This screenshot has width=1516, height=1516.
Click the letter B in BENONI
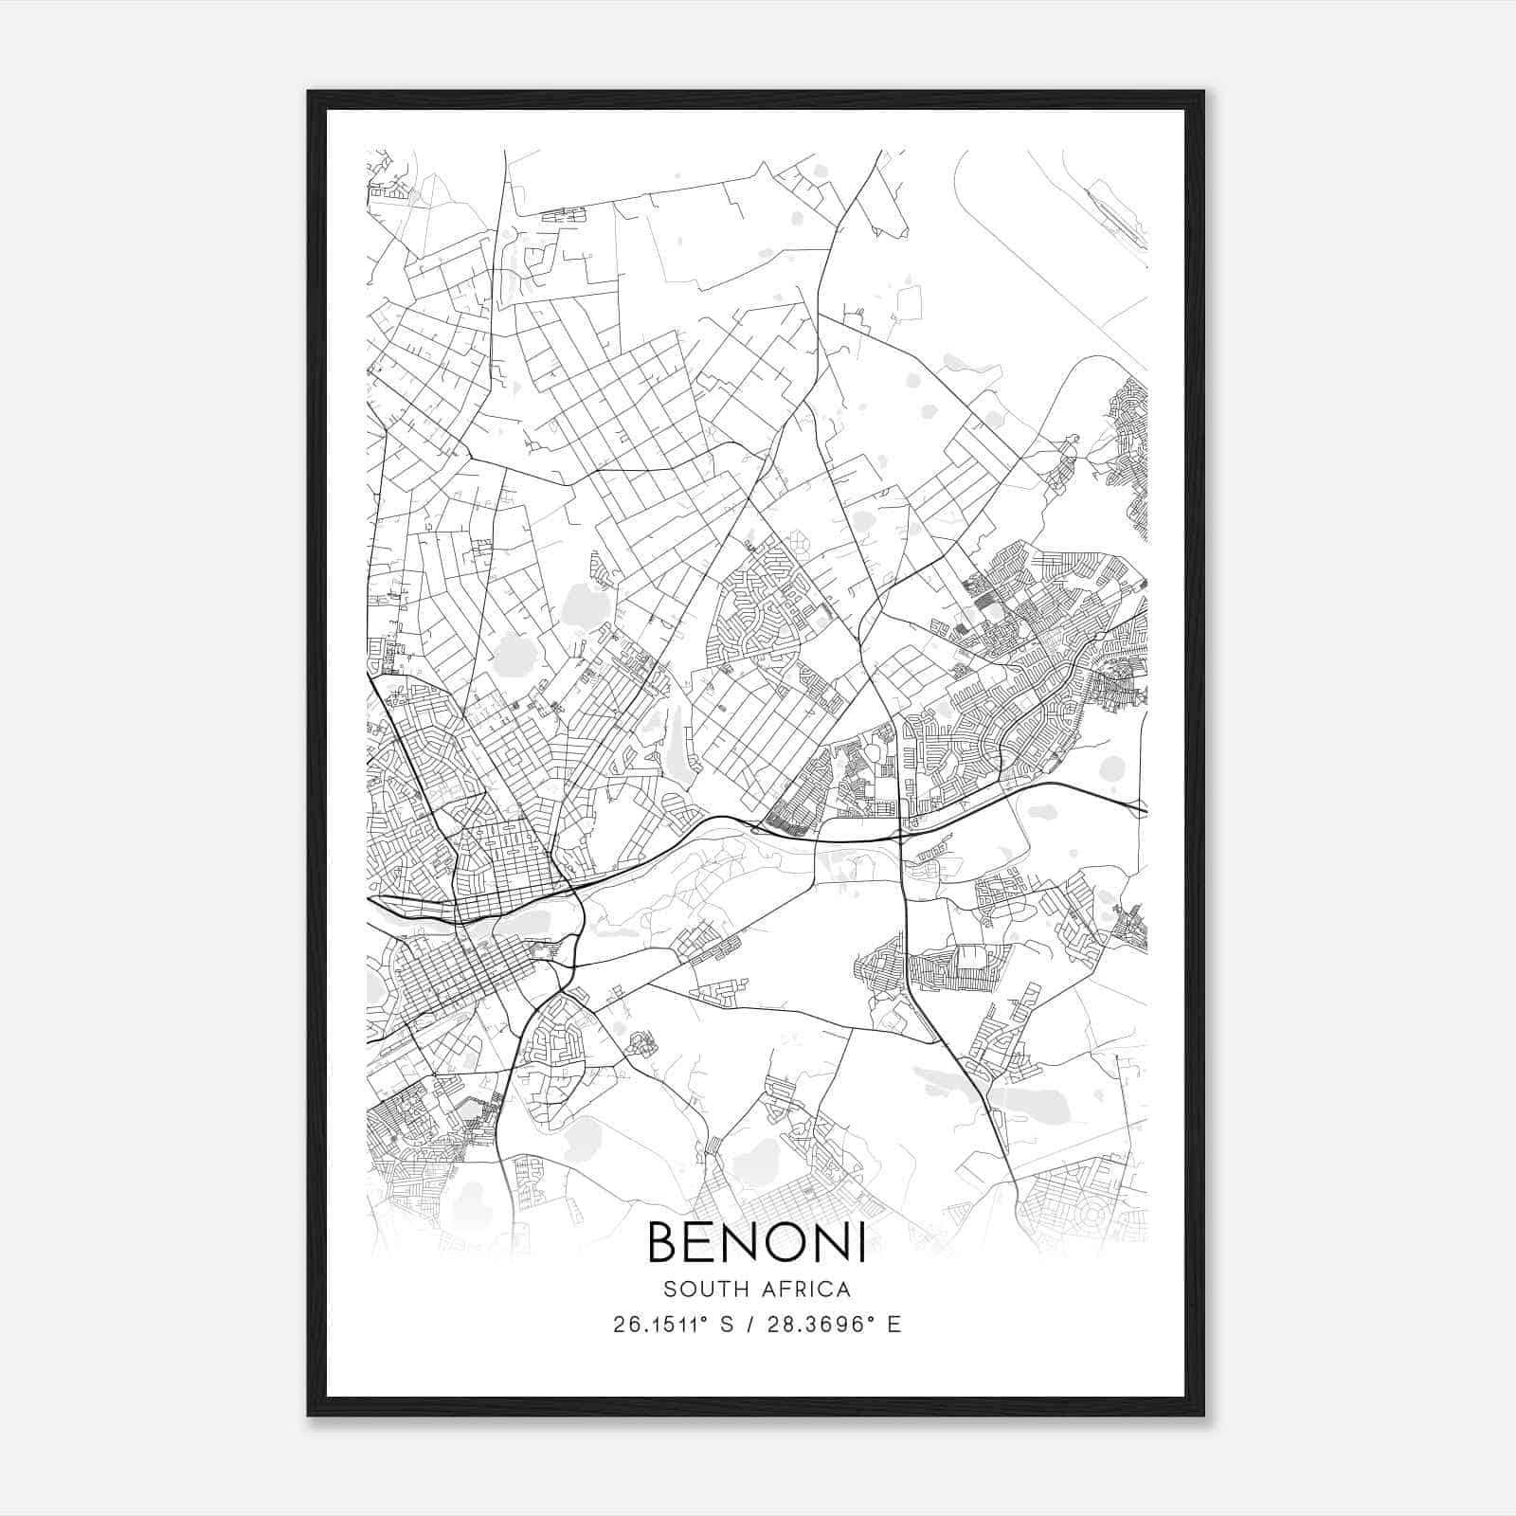click(x=666, y=1243)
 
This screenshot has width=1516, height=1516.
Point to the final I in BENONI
click(x=861, y=1243)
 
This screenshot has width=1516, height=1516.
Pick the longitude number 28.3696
click(x=824, y=1325)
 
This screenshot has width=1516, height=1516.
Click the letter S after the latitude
click(x=728, y=1325)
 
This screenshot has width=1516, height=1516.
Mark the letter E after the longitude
click(x=894, y=1325)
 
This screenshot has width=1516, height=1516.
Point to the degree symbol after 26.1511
click(x=707, y=1318)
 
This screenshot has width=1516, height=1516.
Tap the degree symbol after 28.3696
click(x=875, y=1318)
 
